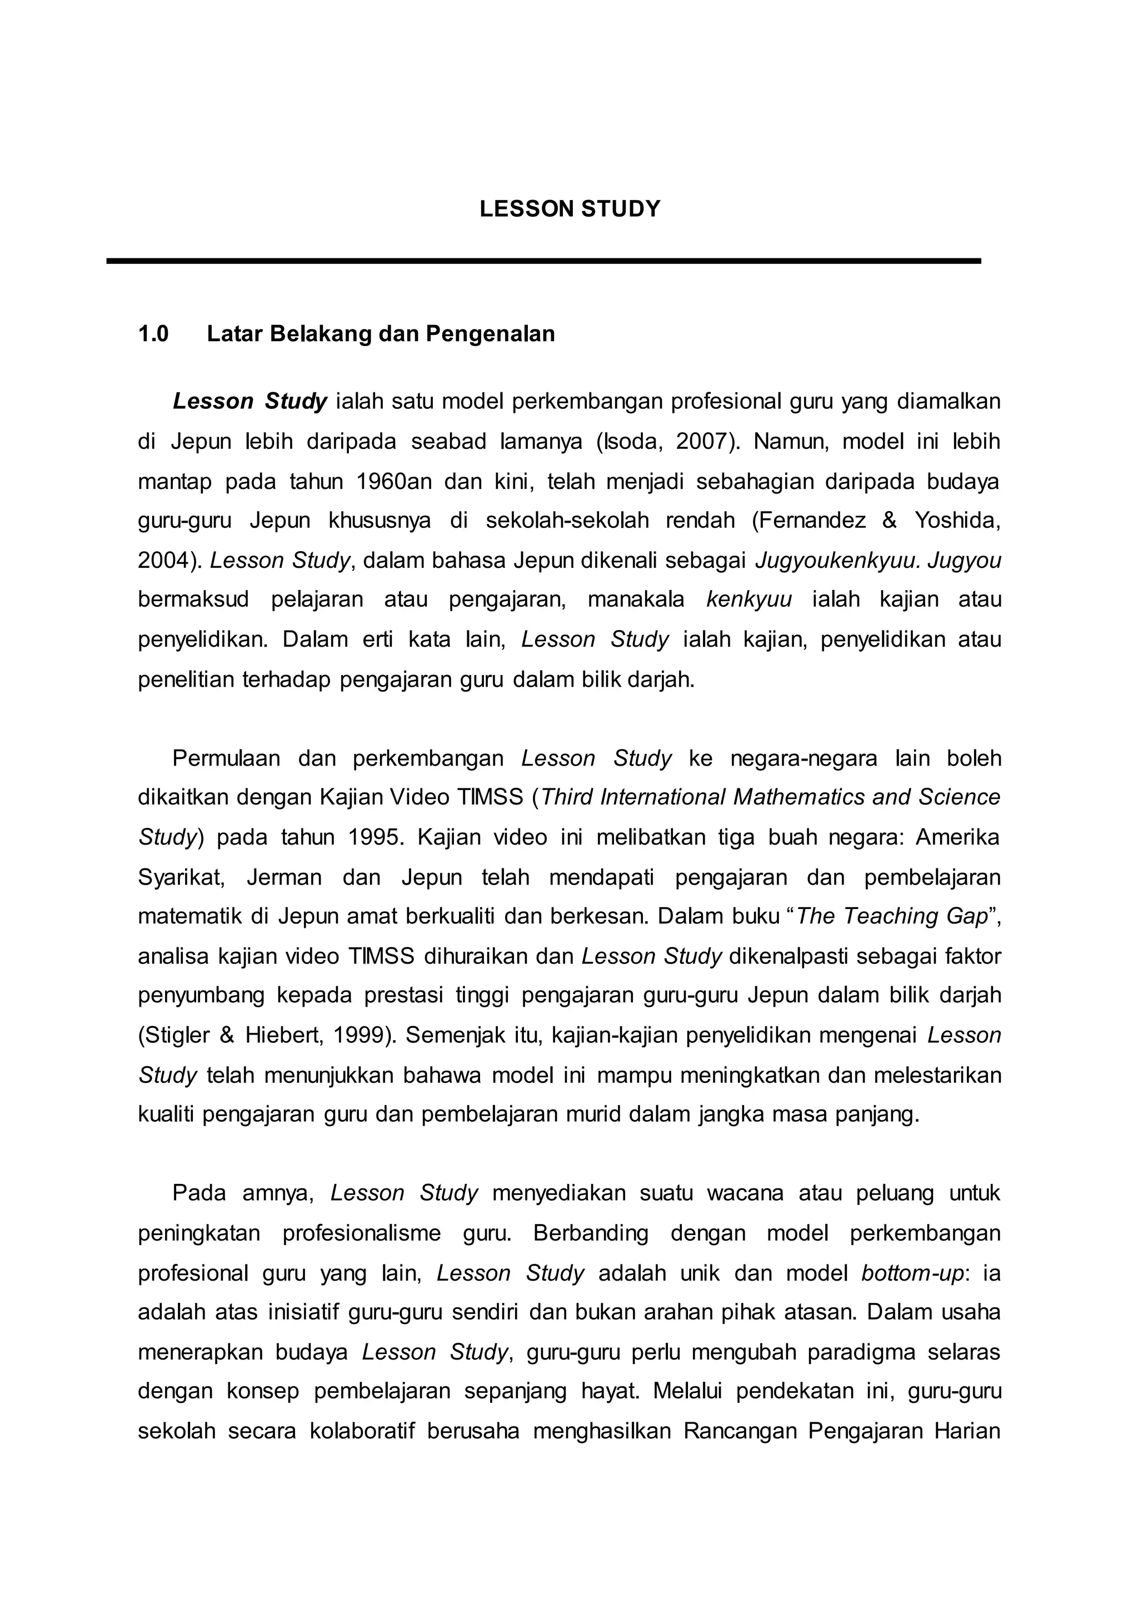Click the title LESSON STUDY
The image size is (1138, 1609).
point(569,209)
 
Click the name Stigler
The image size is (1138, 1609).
point(179,1035)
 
